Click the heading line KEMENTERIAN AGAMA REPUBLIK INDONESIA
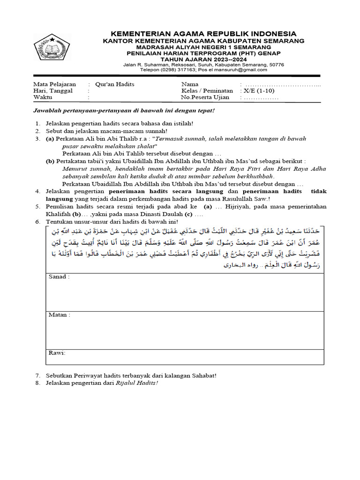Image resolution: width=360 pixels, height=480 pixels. click(x=203, y=34)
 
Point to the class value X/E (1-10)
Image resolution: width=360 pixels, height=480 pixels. click(x=259, y=90)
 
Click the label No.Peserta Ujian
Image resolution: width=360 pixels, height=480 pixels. click(x=205, y=97)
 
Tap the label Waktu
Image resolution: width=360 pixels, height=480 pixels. click(x=43, y=97)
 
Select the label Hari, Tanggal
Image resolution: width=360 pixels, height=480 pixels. click(x=52, y=90)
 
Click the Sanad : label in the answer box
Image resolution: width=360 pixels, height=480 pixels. click(x=59, y=277)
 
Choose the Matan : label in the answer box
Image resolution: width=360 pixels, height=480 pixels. click(x=60, y=315)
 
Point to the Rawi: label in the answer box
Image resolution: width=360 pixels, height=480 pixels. click(x=57, y=352)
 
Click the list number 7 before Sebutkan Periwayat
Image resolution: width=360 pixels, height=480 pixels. click(x=37, y=376)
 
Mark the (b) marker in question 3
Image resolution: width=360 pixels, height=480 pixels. click(x=50, y=161)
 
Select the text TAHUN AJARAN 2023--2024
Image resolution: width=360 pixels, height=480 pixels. click(x=203, y=60)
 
